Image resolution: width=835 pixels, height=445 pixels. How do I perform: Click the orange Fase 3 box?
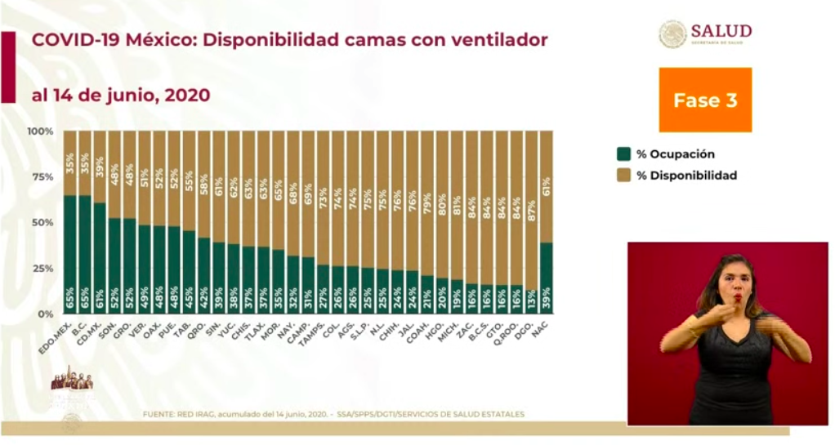tap(705, 100)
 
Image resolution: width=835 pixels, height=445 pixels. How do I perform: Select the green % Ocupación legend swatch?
tap(624, 154)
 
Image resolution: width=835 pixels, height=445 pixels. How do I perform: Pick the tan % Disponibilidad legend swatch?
tap(624, 175)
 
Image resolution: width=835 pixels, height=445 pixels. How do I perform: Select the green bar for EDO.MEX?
tap(70, 254)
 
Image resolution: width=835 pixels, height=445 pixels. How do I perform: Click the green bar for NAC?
tap(546, 278)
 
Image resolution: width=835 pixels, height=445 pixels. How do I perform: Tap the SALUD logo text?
tap(721, 31)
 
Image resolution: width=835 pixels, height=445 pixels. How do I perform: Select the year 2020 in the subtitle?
tap(187, 96)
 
